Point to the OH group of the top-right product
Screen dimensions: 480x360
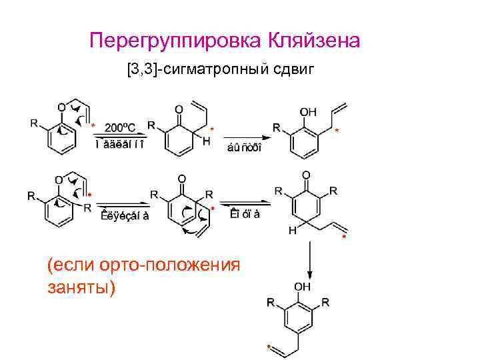click(x=309, y=112)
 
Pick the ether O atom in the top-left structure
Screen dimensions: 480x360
click(x=61, y=107)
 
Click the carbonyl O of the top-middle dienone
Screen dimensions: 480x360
click(x=179, y=109)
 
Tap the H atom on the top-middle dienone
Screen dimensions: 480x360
click(x=207, y=141)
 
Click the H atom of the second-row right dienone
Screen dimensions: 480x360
click(x=292, y=230)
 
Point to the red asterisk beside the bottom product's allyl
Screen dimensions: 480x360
click(x=268, y=347)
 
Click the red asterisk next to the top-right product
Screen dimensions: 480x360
click(x=337, y=131)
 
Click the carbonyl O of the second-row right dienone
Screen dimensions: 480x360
click(x=306, y=175)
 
